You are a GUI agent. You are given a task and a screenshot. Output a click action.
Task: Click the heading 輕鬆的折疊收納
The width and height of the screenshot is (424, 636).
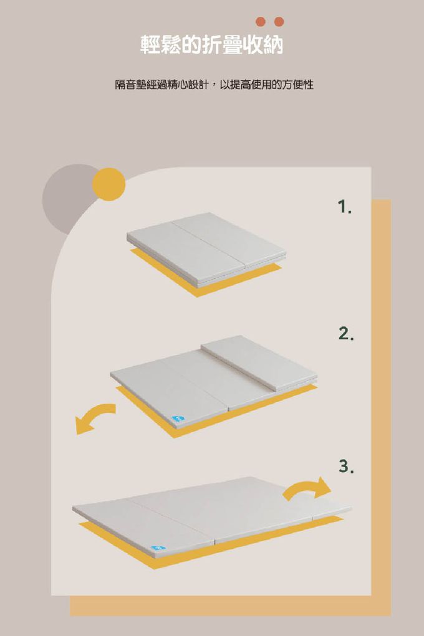tap(211, 45)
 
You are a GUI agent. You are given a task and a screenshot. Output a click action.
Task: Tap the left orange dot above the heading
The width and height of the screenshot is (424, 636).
tap(261, 22)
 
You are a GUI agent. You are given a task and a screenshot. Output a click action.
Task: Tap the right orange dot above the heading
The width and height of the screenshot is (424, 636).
tap(279, 22)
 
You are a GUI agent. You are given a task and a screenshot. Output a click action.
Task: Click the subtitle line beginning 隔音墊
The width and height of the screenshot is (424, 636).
tap(214, 84)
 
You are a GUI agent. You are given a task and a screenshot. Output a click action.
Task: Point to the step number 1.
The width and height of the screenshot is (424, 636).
tap(344, 207)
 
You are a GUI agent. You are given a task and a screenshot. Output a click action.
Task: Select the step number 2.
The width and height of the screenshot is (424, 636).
tap(345, 333)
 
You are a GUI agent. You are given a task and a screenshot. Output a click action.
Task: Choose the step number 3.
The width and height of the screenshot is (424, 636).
tap(346, 467)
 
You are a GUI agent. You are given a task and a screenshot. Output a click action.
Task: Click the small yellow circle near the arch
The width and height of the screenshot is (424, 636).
tap(109, 184)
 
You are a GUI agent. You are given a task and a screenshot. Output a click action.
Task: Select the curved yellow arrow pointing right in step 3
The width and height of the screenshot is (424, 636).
tap(307, 488)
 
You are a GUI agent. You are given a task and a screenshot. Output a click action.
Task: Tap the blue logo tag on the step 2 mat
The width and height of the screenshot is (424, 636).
tap(178, 419)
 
